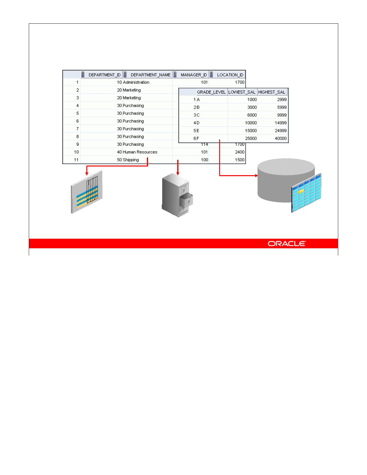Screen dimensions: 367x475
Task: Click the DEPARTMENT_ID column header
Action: pyautogui.click(x=104, y=75)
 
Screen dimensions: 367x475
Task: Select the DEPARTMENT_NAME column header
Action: pyautogui.click(x=151, y=75)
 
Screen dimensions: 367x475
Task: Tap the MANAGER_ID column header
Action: pyautogui.click(x=194, y=75)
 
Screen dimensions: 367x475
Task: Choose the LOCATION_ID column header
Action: pyautogui.click(x=230, y=75)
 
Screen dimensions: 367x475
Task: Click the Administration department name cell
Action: pyautogui.click(x=136, y=82)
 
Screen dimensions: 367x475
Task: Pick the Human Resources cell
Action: pyautogui.click(x=140, y=152)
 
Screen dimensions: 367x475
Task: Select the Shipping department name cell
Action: pyautogui.click(x=131, y=160)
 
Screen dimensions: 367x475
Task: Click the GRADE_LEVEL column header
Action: pyautogui.click(x=211, y=92)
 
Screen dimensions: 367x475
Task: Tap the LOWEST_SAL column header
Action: pyautogui.click(x=242, y=92)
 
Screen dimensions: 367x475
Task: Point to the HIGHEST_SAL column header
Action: pyautogui.click(x=272, y=92)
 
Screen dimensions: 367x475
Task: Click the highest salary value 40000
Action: pyautogui.click(x=281, y=139)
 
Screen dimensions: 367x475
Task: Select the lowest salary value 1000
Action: pyautogui.click(x=252, y=100)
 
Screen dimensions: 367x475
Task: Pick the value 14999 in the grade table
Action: pyautogui.click(x=281, y=123)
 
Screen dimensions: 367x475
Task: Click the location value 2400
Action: pyautogui.click(x=240, y=152)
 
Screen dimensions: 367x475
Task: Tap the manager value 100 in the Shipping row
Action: pyautogui.click(x=204, y=160)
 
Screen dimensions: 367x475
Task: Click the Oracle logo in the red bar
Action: pyautogui.click(x=287, y=243)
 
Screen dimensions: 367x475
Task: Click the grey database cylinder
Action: pyautogui.click(x=279, y=180)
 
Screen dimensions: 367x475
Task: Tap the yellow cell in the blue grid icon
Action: pyautogui.click(x=301, y=191)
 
